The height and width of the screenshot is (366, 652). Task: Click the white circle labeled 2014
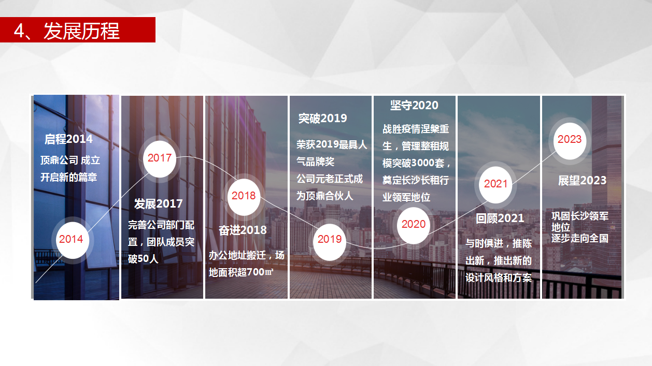coord(72,240)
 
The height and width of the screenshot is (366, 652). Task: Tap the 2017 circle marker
coord(160,159)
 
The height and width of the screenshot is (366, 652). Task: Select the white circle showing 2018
coord(244,197)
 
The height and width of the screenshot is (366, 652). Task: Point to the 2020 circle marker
coord(413,225)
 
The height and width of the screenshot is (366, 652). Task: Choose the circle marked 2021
coord(495,185)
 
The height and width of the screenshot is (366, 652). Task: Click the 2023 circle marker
coord(570,141)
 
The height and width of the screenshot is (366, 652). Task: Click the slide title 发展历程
coord(81,31)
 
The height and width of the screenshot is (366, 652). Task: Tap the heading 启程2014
coord(68,139)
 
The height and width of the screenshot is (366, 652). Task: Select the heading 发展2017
coord(159,204)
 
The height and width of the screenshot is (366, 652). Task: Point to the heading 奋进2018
coord(243,230)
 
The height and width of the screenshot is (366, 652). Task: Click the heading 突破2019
coord(322,119)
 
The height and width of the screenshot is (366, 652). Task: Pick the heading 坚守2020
coord(414,105)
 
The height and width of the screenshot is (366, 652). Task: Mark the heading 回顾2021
coord(500,218)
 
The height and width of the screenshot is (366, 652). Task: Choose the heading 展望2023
coord(582,181)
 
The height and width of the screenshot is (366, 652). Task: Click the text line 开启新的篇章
coord(69,177)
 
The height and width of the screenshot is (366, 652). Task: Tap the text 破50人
coord(143,258)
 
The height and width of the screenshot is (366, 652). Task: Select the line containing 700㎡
coord(241,272)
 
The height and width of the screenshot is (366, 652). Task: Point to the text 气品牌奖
coord(315,162)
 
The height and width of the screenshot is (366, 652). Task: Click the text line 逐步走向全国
coord(580,238)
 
